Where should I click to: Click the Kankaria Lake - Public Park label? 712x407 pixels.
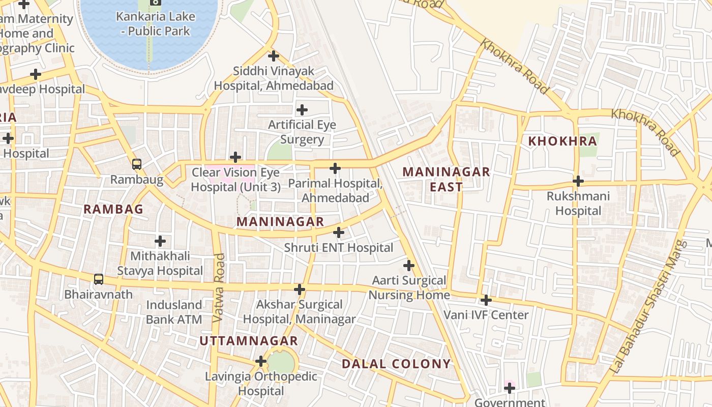(155, 23)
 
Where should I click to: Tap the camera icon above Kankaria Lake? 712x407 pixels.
(155, 2)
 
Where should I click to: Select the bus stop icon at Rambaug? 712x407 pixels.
(136, 164)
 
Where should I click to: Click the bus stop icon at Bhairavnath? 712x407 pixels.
(99, 279)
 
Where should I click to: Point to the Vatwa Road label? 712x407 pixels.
(219, 288)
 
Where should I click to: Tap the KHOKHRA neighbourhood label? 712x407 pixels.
(562, 141)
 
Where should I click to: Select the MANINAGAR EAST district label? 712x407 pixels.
(446, 179)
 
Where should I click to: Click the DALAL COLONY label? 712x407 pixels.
(396, 364)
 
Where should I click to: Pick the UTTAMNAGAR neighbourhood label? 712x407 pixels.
(249, 341)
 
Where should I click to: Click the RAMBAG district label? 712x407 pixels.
(113, 209)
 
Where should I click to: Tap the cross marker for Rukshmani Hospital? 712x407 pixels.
(578, 181)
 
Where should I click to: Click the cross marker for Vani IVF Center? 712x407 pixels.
(486, 300)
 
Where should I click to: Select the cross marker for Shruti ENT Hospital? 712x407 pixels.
(339, 233)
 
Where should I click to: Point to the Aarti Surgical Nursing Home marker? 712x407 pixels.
(409, 266)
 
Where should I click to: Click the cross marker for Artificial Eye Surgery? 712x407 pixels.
(302, 110)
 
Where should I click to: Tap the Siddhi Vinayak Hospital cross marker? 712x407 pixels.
(274, 56)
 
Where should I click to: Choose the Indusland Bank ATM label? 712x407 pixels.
(174, 312)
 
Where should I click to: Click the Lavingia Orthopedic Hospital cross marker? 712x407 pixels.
(261, 362)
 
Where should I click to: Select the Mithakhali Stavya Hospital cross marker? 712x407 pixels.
(160, 241)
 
